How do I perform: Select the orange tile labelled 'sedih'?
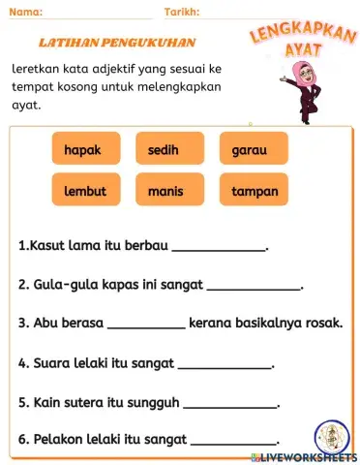[169, 150]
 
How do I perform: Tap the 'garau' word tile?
[254, 150]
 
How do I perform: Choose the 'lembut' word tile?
[85, 191]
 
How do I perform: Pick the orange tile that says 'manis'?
[169, 191]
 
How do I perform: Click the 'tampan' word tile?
[254, 191]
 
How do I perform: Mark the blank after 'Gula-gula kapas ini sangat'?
[255, 288]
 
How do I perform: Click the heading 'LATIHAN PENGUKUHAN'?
[116, 43]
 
